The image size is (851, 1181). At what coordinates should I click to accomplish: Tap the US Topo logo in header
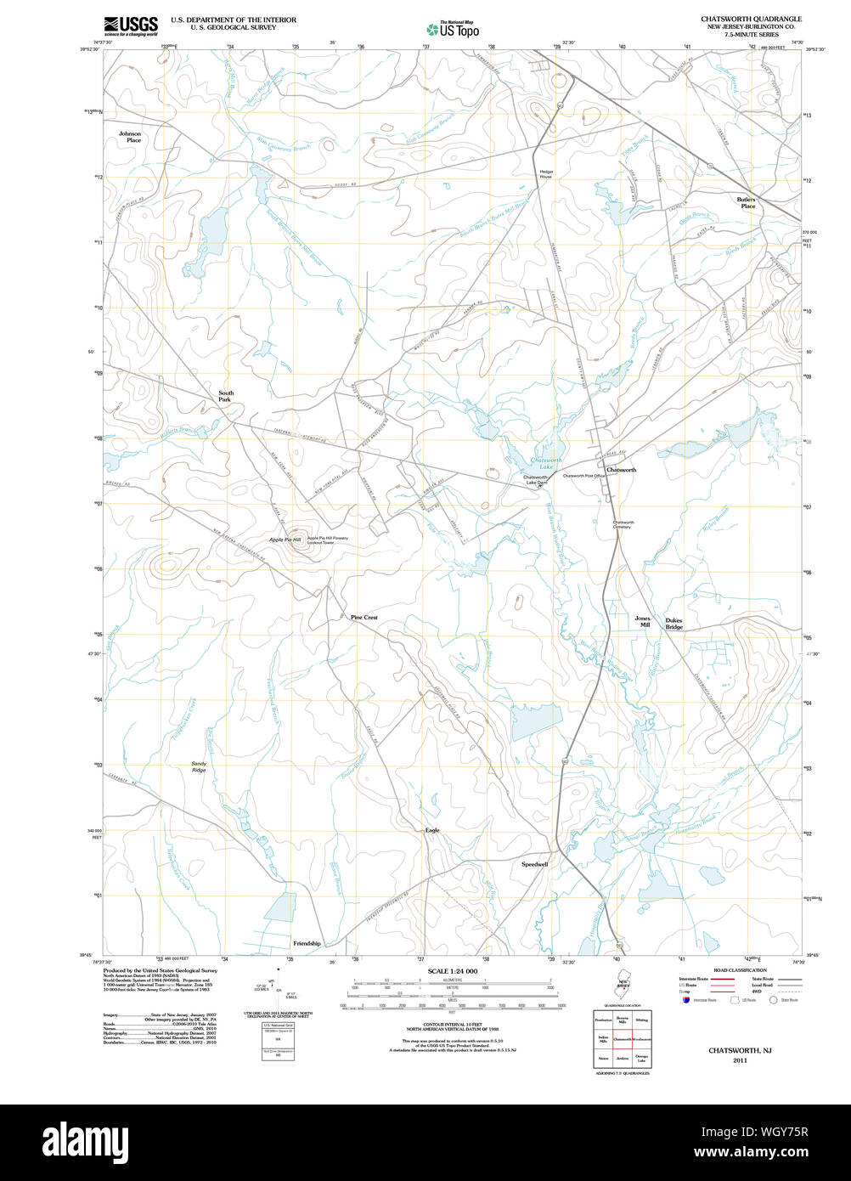pos(453,29)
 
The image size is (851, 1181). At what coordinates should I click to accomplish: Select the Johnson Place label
pos(130,137)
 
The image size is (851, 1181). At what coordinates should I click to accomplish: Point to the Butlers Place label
pos(747,202)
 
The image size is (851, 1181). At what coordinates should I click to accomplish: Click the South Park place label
pos(226,396)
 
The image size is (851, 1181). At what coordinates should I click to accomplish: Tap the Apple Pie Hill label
pos(285,540)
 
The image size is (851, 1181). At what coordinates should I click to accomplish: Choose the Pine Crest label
pos(364,618)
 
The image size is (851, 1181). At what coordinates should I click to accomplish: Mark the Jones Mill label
pos(642,621)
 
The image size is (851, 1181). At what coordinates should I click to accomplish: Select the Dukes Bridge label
pos(673,624)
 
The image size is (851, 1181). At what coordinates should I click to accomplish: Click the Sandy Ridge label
pos(198,766)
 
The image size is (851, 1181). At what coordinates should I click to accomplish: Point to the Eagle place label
pos(432,830)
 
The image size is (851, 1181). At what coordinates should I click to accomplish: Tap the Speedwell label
pos(534,864)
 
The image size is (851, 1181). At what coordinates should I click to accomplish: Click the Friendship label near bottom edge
pos(307,943)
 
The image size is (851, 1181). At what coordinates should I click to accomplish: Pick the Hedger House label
pos(545,174)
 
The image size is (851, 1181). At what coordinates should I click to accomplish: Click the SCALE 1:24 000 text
pos(453,971)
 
